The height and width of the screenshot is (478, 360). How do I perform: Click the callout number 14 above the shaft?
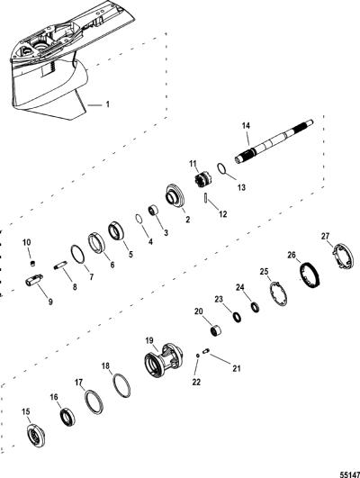[x=246, y=125]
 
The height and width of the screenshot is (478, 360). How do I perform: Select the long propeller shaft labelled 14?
[x=274, y=142]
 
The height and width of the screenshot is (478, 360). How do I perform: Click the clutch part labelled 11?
[x=202, y=180]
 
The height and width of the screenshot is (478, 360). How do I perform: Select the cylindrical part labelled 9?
[x=34, y=280]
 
